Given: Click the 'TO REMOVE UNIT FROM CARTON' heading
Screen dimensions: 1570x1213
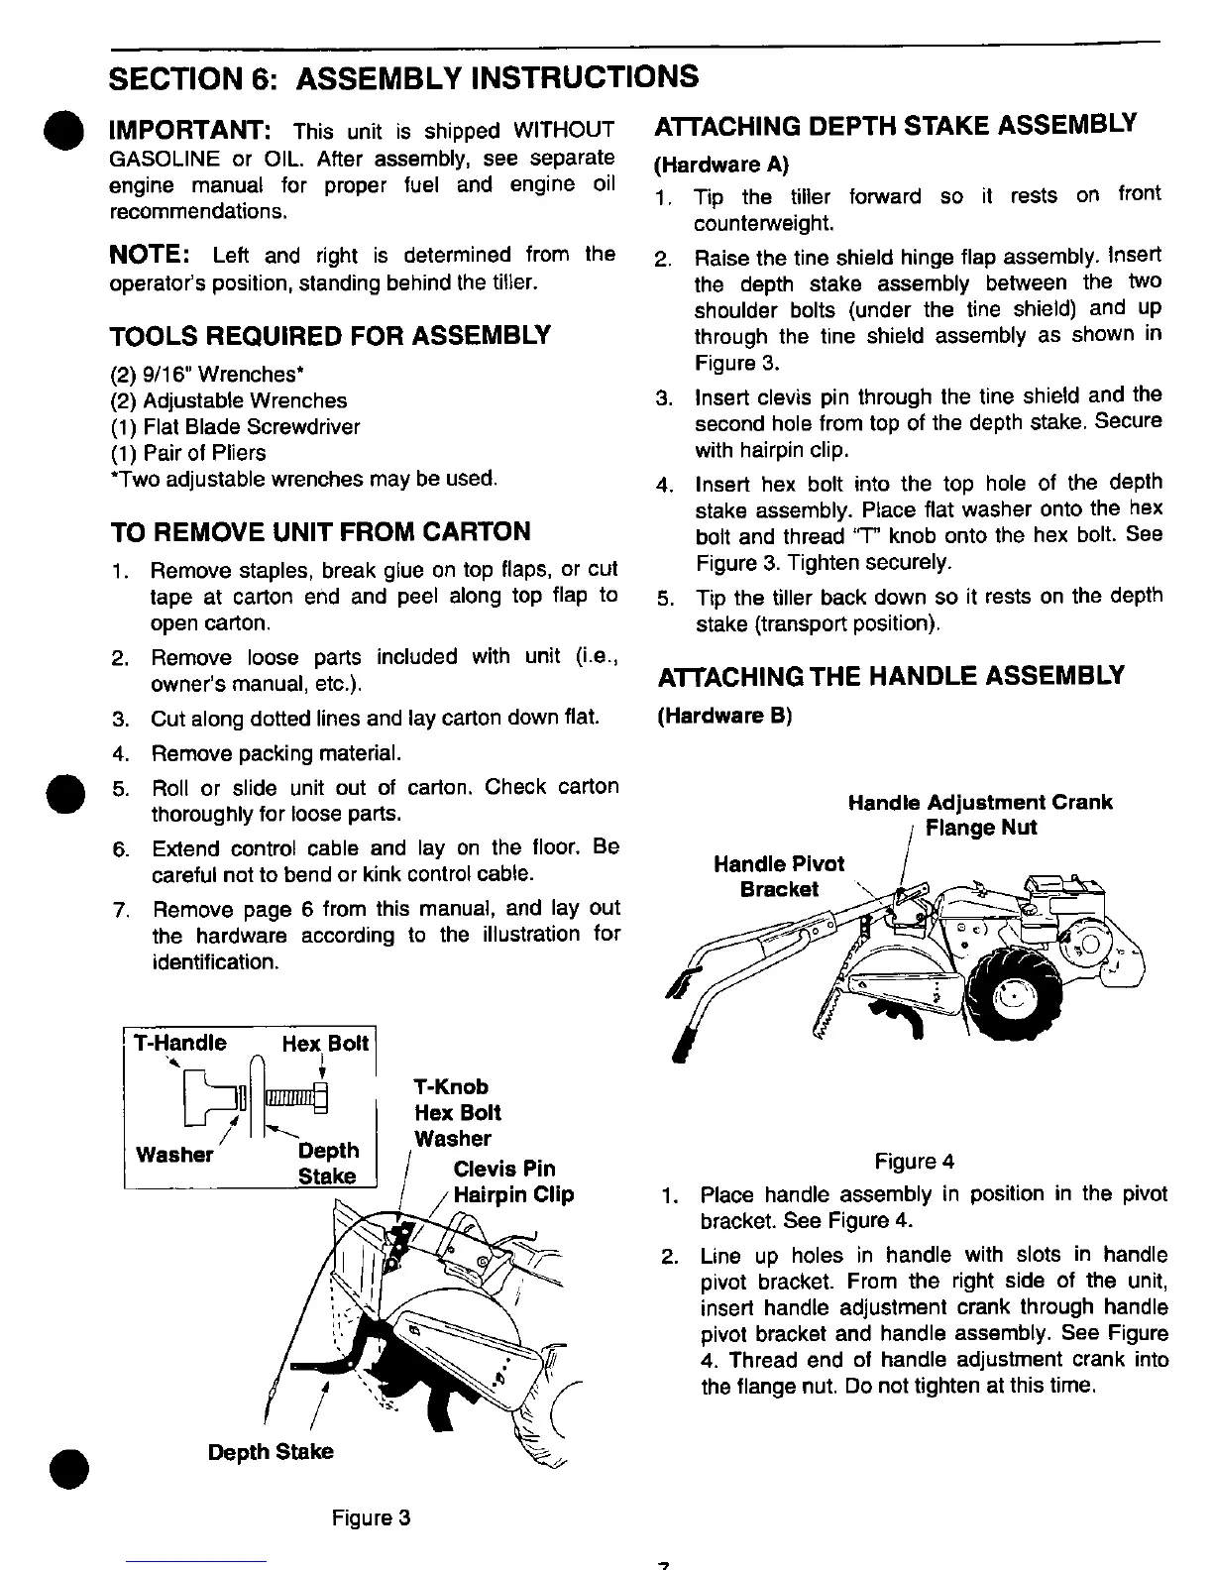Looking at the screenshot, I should click(x=319, y=532).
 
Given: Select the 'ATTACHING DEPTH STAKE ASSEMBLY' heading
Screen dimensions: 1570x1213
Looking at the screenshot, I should click(x=896, y=126).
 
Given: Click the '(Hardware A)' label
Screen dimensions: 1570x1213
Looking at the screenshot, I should click(x=721, y=164).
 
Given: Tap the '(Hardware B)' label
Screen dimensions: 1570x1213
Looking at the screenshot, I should click(x=723, y=716).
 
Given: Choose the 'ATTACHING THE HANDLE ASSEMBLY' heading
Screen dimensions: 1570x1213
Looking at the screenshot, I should click(x=891, y=677).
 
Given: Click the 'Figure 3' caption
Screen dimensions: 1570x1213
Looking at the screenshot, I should click(x=371, y=1518).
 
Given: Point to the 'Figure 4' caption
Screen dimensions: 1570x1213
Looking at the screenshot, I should click(x=914, y=1161).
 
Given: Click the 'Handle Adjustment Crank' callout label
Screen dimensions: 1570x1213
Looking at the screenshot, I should click(x=980, y=802).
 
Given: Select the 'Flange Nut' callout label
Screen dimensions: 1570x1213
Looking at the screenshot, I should click(x=980, y=828).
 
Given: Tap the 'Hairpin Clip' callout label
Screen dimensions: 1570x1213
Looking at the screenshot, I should click(x=513, y=1194).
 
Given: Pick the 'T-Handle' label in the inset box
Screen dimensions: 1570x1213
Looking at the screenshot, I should click(x=181, y=1043).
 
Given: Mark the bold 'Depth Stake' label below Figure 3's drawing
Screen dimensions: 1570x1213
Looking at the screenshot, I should click(x=270, y=1452).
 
